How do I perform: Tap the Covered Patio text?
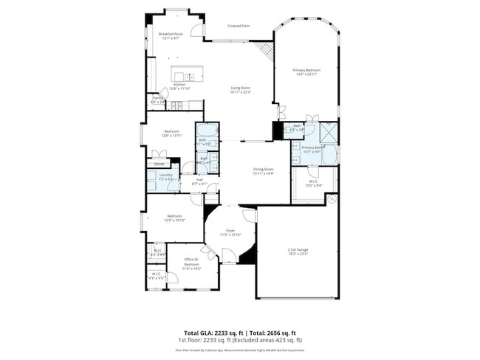(x=239, y=26)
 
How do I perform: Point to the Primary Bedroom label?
(x=306, y=70)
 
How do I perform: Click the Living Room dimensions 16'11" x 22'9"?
(x=241, y=92)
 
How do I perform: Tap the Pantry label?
(x=158, y=97)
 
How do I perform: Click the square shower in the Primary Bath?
(x=329, y=134)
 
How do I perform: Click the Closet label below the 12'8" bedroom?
(x=159, y=164)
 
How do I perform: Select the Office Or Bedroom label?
(x=192, y=261)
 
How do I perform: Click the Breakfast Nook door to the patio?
(x=196, y=30)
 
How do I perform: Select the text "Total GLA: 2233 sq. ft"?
(x=213, y=333)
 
